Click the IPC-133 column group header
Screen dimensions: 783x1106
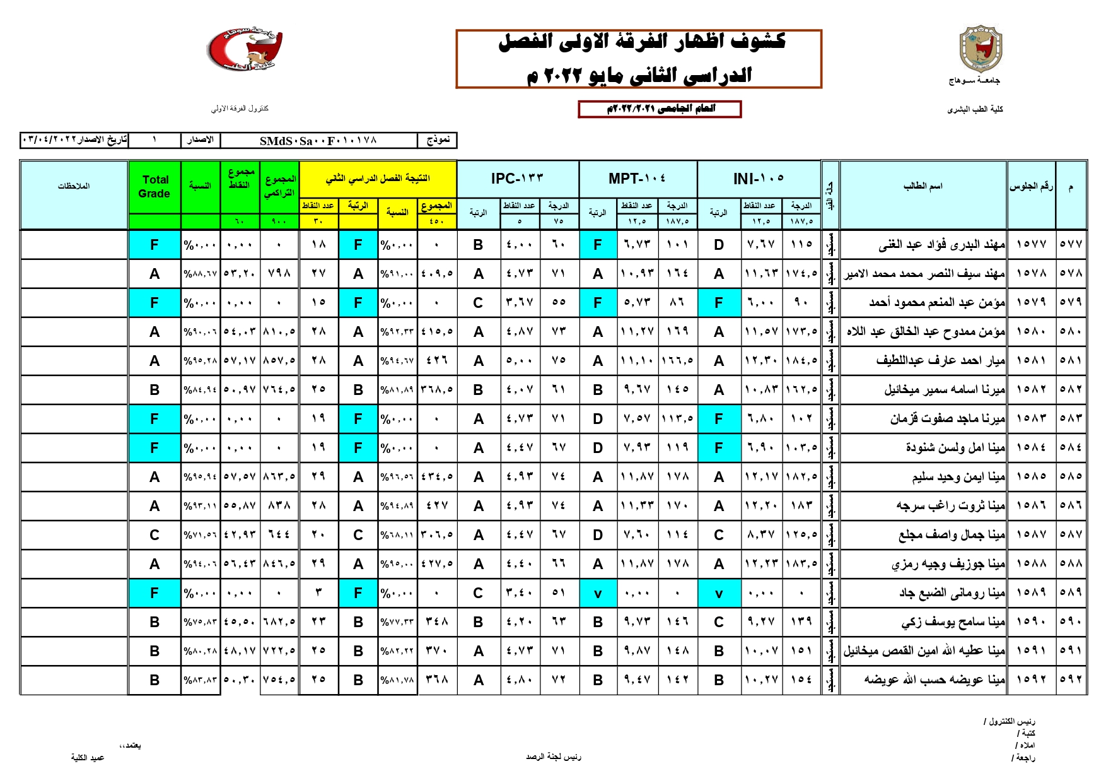point(517,179)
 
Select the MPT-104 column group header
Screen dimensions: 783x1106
point(637,179)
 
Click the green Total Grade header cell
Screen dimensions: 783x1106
point(154,187)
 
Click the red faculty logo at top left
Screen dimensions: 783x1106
point(245,49)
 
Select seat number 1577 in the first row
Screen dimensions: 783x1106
point(1031,244)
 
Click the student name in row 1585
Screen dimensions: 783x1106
point(958,477)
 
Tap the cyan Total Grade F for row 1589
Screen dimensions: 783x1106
point(154,593)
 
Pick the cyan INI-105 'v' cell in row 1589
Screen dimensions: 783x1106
point(719,593)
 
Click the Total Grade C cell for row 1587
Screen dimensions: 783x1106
point(154,535)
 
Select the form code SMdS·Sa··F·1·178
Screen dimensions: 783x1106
point(318,140)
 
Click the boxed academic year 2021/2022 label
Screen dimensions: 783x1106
point(660,109)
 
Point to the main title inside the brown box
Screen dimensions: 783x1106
point(639,59)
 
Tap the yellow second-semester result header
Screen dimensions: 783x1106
point(377,179)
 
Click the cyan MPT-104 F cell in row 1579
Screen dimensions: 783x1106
point(598,303)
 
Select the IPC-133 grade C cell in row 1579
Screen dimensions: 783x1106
point(479,303)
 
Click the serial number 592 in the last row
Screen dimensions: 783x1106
point(1071,680)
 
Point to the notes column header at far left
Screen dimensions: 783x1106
point(74,186)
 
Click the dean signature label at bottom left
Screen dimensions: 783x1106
point(88,758)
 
